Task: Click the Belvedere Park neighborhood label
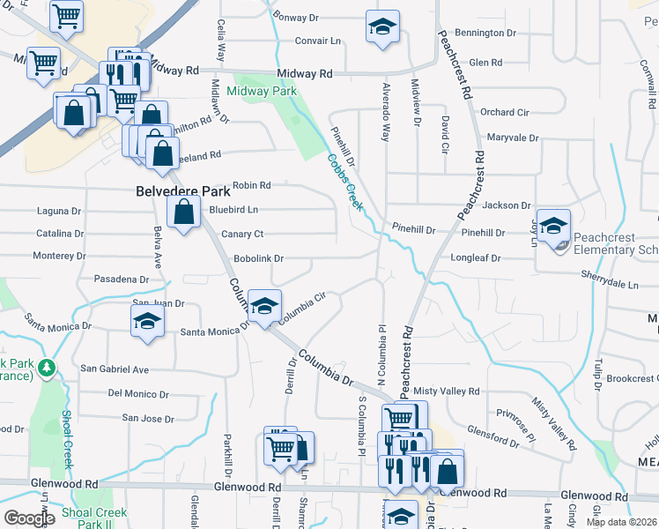pyautogui.click(x=182, y=191)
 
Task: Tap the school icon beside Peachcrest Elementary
pyautogui.click(x=554, y=227)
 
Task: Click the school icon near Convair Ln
pyautogui.click(x=382, y=28)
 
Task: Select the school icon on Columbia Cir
pyautogui.click(x=264, y=307)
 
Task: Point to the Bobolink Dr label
pyautogui.click(x=258, y=259)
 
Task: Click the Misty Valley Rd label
pyautogui.click(x=449, y=391)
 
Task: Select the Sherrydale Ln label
pyautogui.click(x=609, y=285)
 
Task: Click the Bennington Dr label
pyautogui.click(x=486, y=33)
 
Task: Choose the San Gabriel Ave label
pyautogui.click(x=115, y=369)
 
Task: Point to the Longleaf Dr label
pyautogui.click(x=475, y=259)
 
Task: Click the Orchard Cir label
pyautogui.click(x=504, y=113)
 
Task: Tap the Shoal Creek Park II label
pyautogui.click(x=95, y=518)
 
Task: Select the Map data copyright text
pyautogui.click(x=621, y=522)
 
